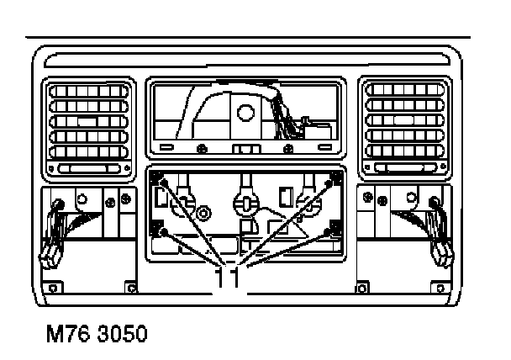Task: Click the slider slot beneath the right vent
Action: (x=401, y=171)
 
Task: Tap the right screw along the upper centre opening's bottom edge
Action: (x=289, y=149)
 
